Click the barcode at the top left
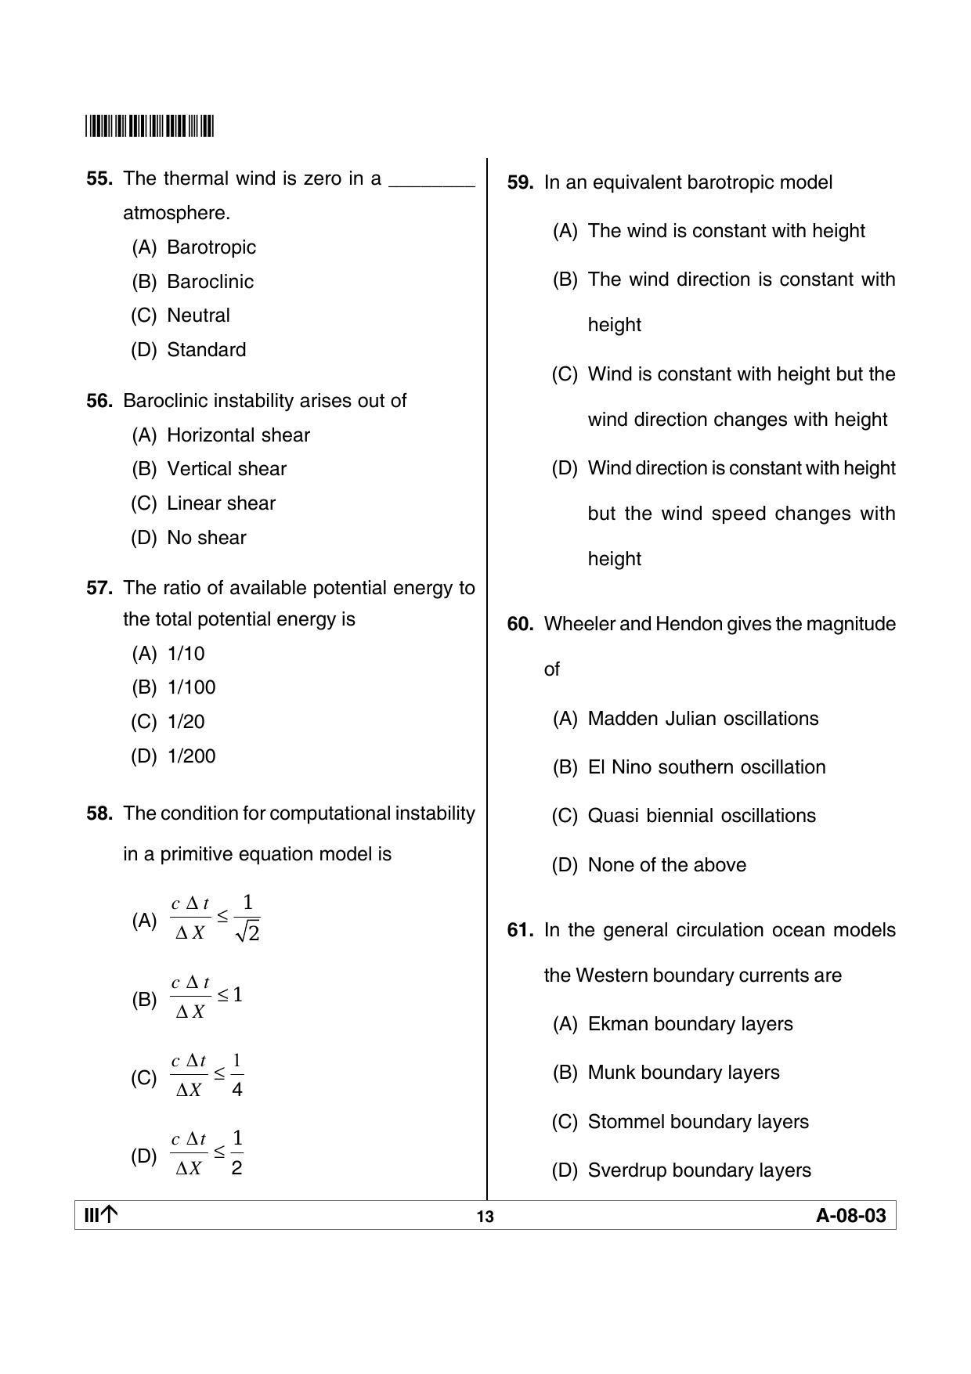point(150,126)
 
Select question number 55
point(99,179)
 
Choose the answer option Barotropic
point(211,247)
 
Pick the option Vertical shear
point(226,469)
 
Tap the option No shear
point(206,538)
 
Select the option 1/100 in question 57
point(191,687)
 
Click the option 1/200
point(191,756)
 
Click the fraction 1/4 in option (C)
point(237,1076)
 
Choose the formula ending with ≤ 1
point(207,997)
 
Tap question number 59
point(520,182)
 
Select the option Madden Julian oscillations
point(702,719)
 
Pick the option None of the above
point(666,865)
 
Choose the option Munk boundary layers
point(683,1073)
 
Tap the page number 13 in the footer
point(485,1217)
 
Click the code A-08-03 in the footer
point(850,1216)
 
